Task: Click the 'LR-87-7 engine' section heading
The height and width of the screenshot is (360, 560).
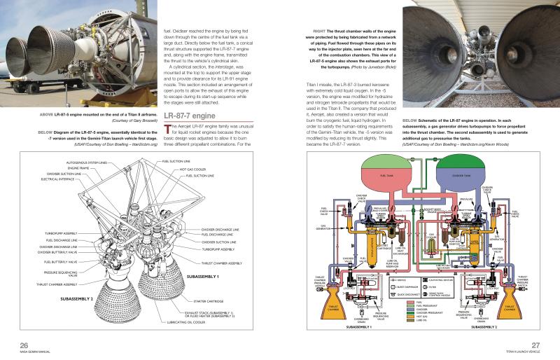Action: coord(188,115)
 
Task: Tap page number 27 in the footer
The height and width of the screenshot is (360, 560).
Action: coord(535,344)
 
